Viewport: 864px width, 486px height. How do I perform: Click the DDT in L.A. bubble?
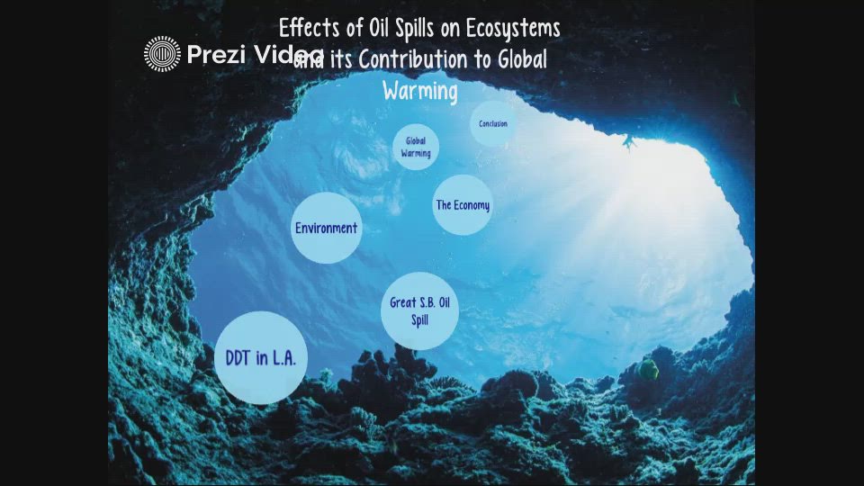click(x=261, y=357)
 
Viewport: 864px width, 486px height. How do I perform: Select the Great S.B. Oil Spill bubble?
click(x=419, y=310)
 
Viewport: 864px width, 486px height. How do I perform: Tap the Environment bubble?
click(x=327, y=228)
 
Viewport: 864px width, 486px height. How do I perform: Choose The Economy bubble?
click(x=463, y=205)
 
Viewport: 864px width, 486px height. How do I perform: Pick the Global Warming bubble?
click(x=416, y=147)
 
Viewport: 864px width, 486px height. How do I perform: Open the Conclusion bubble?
click(x=493, y=124)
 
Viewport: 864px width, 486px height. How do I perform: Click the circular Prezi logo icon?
click(x=162, y=54)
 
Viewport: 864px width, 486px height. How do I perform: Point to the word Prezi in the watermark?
click(x=217, y=55)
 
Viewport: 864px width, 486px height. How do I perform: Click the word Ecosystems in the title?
click(x=513, y=29)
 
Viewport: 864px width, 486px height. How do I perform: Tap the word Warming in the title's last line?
click(x=420, y=91)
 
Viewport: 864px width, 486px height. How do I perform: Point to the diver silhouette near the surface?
click(x=629, y=141)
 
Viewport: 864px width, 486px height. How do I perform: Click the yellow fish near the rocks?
click(x=648, y=368)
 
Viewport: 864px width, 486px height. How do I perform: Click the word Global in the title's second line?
click(x=519, y=60)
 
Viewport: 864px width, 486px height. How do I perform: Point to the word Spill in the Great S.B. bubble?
click(x=419, y=319)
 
